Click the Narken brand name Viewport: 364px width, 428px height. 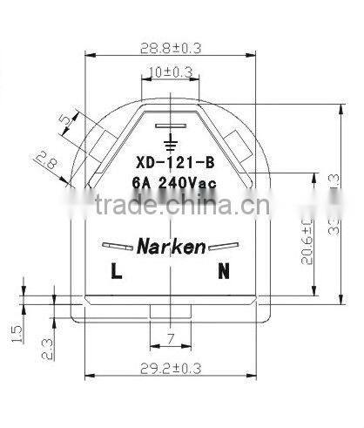171,247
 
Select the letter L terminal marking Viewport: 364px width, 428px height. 116,272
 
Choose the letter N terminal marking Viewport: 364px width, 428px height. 224,272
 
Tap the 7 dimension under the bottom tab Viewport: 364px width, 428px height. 170,336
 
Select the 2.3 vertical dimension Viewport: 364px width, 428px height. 49,348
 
